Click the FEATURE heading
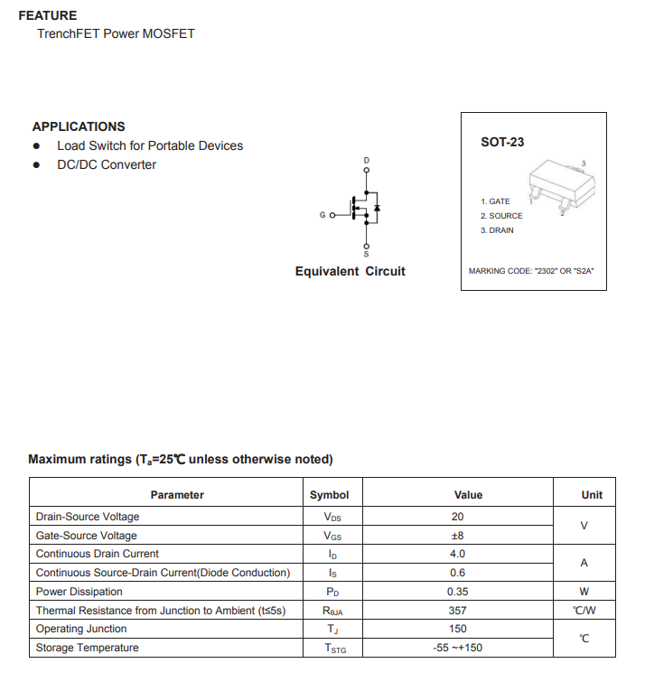click(x=48, y=15)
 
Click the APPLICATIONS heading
click(x=79, y=126)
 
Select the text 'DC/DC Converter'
click(x=107, y=164)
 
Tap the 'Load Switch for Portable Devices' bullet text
click(x=150, y=145)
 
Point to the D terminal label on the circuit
click(x=366, y=161)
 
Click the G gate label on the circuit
click(x=322, y=215)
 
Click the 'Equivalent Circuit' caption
click(x=351, y=271)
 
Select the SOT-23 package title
click(x=502, y=142)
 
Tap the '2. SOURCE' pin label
click(x=501, y=216)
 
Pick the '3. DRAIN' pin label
click(x=497, y=230)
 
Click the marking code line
click(x=531, y=271)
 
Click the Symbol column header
click(x=330, y=495)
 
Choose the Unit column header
click(x=592, y=495)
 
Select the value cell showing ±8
click(x=457, y=536)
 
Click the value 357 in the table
click(x=457, y=611)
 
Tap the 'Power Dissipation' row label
click(x=79, y=592)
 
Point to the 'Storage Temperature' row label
click(x=88, y=648)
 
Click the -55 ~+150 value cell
click(x=457, y=648)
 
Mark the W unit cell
click(x=584, y=592)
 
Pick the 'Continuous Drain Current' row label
click(x=98, y=554)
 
